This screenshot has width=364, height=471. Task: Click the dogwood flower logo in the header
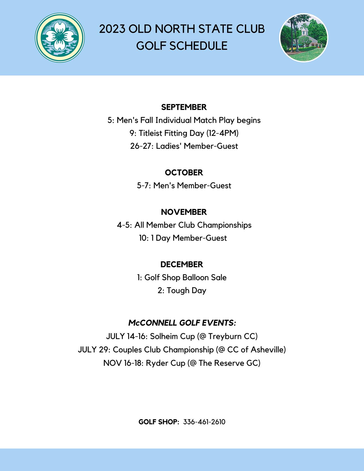click(60, 38)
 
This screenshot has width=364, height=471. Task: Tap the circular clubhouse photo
click(304, 38)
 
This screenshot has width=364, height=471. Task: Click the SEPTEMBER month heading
click(184, 107)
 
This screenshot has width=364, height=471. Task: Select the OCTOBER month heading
click(184, 173)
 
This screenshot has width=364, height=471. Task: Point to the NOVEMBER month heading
click(184, 212)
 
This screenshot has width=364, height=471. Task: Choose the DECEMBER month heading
click(182, 265)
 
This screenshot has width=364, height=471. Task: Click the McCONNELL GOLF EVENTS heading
click(182, 323)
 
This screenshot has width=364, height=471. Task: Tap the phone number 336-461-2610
click(204, 422)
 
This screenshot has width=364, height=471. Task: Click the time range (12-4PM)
click(222, 133)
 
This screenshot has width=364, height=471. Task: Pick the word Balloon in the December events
click(195, 278)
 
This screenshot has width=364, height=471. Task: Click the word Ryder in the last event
click(156, 363)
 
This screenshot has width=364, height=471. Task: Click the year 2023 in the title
click(112, 29)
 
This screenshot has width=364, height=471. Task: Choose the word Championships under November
click(224, 225)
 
